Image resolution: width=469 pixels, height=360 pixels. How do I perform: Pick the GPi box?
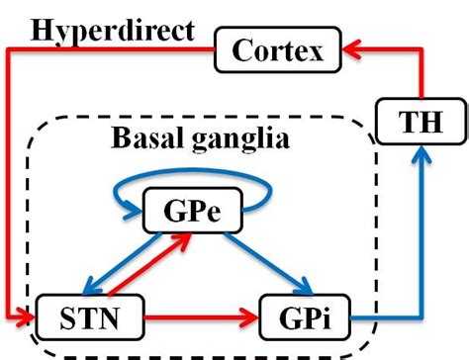tap(305, 317)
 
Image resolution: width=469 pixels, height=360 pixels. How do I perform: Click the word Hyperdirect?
tap(111, 30)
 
